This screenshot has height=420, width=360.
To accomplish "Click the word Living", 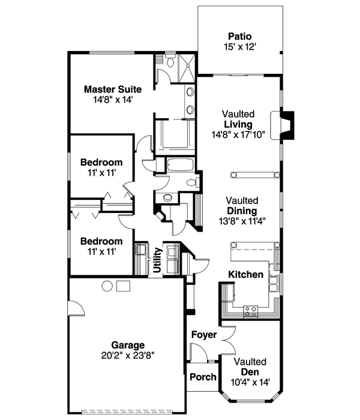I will click(238, 124).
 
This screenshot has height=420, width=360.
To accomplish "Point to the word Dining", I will click(242, 211).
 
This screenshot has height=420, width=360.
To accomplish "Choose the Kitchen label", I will click(245, 274).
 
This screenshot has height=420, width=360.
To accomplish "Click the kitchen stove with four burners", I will click(251, 310).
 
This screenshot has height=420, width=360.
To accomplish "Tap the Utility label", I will click(157, 259).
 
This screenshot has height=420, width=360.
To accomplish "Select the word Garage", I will click(128, 345).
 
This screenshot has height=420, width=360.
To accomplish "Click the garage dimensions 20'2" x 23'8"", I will click(128, 355).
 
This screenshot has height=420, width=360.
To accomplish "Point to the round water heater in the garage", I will click(107, 286).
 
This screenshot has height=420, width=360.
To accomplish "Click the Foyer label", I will click(203, 334).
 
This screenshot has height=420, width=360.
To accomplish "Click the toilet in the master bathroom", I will click(170, 62).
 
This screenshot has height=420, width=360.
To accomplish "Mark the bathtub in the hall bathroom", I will click(179, 165).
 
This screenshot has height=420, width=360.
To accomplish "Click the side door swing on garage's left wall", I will click(75, 308).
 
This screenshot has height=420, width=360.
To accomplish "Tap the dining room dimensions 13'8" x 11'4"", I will click(242, 220).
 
